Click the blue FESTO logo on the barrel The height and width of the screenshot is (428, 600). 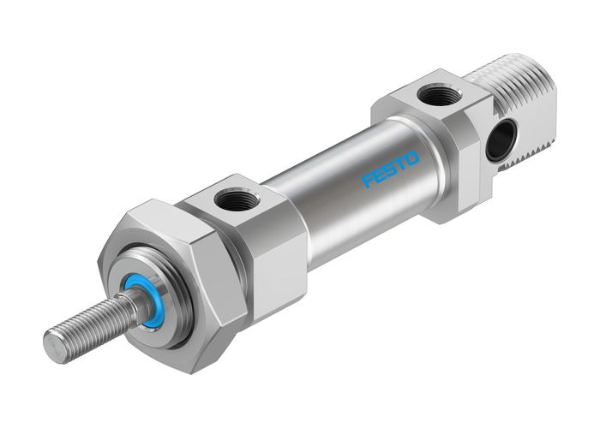coord(391,168)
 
